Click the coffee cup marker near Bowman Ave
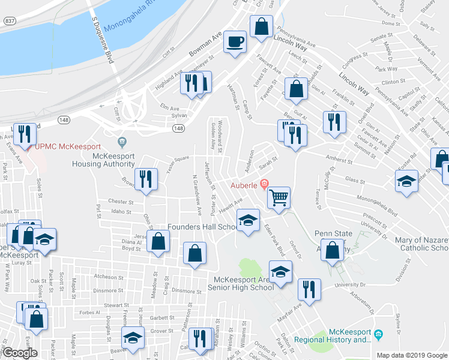pos(235,43)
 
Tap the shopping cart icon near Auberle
pos(279,197)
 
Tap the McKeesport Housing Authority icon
pos(122,141)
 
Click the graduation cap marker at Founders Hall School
pos(248,220)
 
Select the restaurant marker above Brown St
pos(146,179)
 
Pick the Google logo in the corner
pos(19,353)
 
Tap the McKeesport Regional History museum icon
pos(378,334)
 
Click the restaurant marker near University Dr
pos(309,289)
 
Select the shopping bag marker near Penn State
pos(332,250)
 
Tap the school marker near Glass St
pos(407,182)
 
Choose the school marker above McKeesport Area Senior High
pos(280,272)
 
